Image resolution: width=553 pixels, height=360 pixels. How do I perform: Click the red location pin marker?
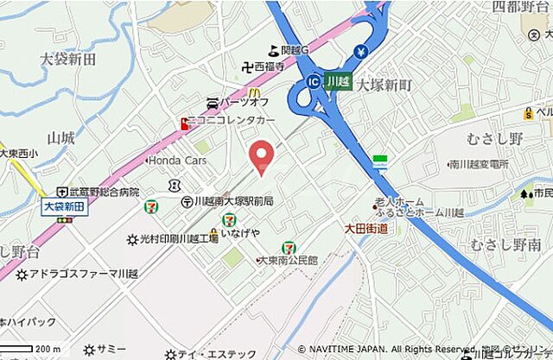pos(261,155)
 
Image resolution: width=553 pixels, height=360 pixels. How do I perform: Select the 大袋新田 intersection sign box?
pos(64,207)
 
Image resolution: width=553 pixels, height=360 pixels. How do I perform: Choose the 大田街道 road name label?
pos(365,229)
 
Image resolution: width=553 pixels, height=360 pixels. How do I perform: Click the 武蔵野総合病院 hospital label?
pos(105,192)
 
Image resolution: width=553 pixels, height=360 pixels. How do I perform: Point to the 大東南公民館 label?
pos(288,259)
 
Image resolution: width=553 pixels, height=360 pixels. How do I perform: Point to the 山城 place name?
pos(61,137)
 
